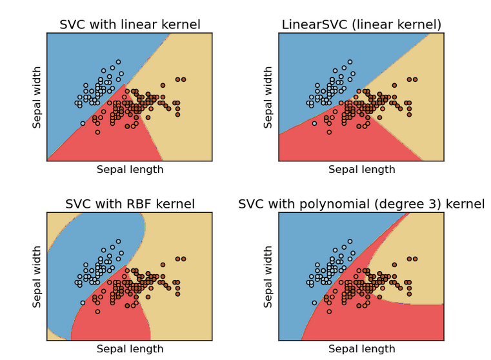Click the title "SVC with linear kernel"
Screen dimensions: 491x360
click(130, 25)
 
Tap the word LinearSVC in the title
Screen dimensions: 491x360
click(314, 25)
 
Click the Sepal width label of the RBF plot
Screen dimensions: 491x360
click(37, 277)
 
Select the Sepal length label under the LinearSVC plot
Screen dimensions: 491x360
click(362, 170)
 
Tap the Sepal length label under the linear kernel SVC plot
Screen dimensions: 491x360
click(130, 170)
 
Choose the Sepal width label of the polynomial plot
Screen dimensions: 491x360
click(268, 277)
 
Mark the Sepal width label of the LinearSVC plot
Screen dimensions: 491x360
click(268, 97)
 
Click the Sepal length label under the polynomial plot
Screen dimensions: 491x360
click(362, 349)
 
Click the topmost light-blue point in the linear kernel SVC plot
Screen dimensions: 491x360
click(118, 62)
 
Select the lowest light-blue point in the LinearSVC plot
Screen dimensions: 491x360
click(314, 123)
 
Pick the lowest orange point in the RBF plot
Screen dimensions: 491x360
click(97, 312)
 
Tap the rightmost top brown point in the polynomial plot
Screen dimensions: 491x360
click(416, 259)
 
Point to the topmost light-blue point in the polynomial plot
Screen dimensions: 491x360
click(350, 241)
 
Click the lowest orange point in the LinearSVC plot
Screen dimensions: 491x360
click(329, 132)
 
